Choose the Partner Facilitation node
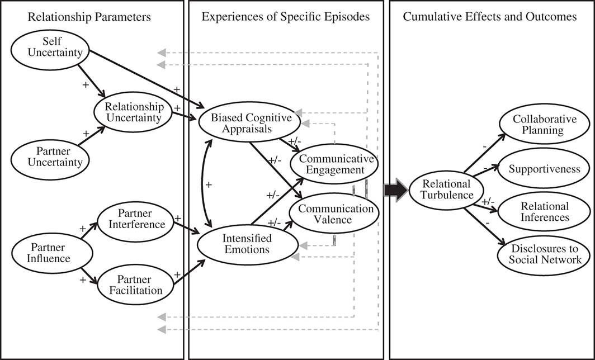(x=135, y=284)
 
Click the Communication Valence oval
(x=332, y=214)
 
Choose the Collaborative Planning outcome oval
(x=537, y=125)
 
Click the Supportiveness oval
(x=537, y=168)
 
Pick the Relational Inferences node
(x=537, y=212)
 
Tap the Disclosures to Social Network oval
(x=537, y=254)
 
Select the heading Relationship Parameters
(x=90, y=17)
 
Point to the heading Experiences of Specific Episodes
(x=286, y=17)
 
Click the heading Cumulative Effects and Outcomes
(x=489, y=17)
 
